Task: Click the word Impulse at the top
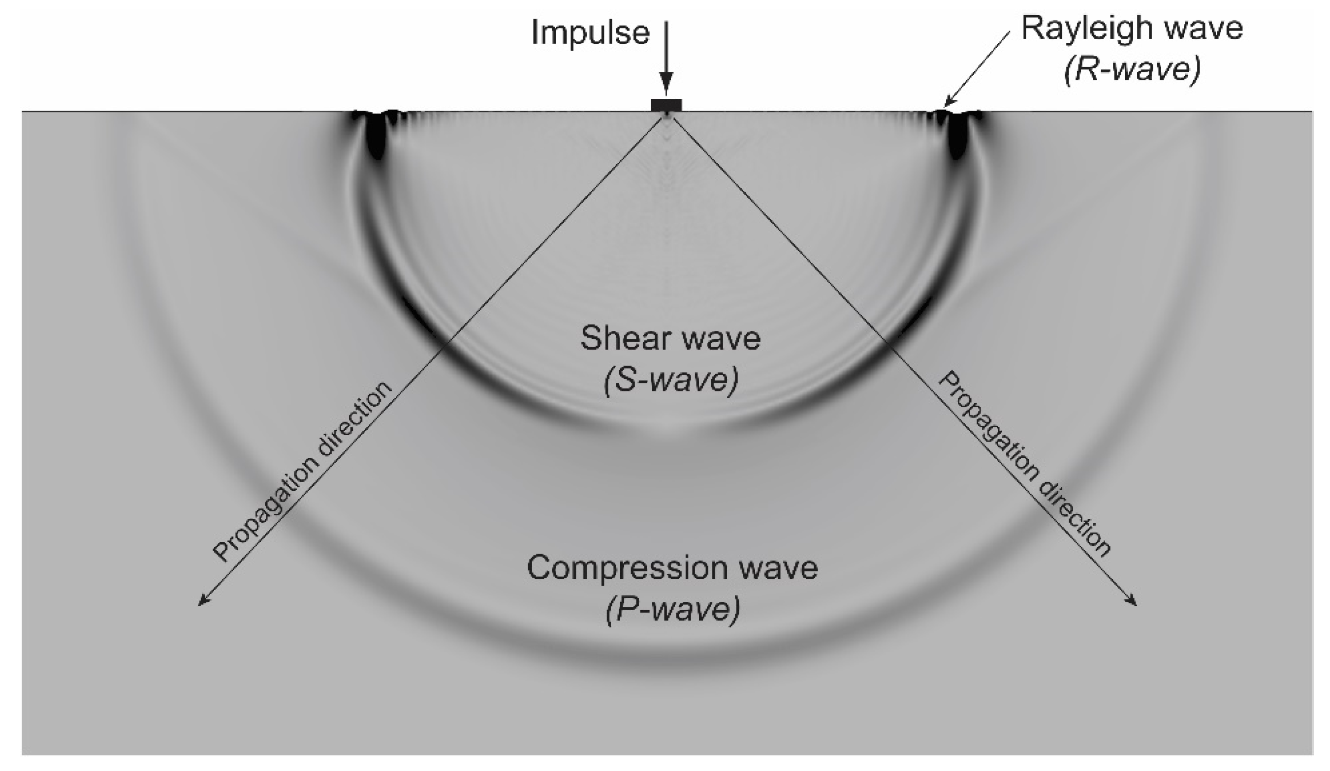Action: point(590,32)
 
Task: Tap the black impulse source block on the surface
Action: point(666,105)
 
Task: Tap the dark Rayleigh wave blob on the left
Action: point(376,134)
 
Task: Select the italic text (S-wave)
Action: point(670,380)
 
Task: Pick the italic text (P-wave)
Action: point(672,610)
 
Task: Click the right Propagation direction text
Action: point(1023,464)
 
